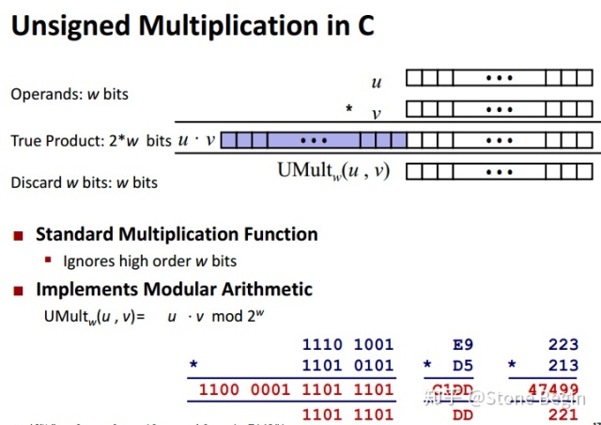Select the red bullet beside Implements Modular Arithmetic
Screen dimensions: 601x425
(18, 291)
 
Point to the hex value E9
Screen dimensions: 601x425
(456, 345)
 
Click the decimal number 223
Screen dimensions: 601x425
(562, 345)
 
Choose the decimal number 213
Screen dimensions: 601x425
(562, 365)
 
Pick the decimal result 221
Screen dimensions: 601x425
(562, 413)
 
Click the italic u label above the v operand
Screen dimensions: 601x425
(377, 84)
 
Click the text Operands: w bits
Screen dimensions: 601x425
(69, 94)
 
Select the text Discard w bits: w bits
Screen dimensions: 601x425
(84, 182)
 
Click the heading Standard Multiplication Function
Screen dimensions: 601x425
(177, 235)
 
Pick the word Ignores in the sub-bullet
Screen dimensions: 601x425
(88, 260)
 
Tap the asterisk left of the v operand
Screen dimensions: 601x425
(348, 111)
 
